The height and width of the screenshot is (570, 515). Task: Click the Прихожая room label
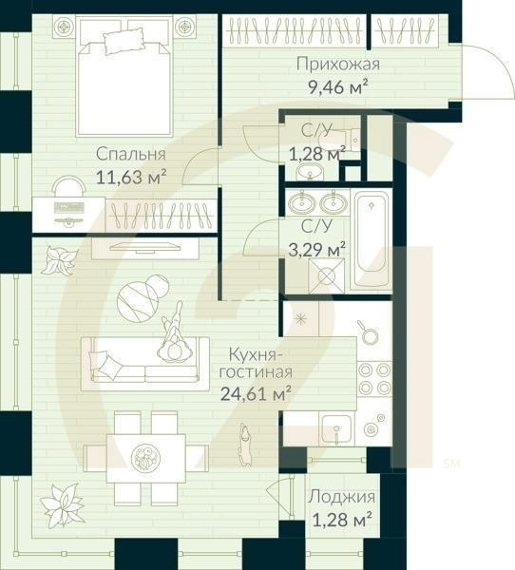tap(337, 65)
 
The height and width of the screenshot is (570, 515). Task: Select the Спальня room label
tap(131, 154)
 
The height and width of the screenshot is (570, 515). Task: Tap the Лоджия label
tap(340, 497)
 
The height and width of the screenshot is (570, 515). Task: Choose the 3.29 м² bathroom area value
tap(322, 250)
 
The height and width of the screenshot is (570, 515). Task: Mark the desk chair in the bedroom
tap(67, 186)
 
